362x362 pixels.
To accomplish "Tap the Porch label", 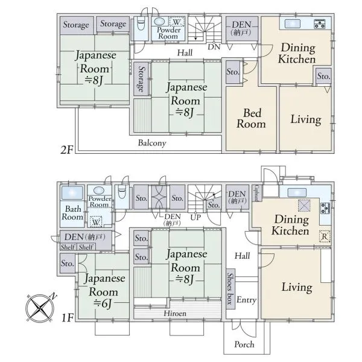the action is coord(244,345).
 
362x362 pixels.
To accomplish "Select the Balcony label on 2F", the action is coord(152,143).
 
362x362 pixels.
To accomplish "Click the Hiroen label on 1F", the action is coord(175,313).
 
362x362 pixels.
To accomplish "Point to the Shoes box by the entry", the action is coord(230,288).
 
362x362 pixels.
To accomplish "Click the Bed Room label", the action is coord(251,118).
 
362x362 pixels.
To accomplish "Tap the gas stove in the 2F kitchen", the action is coord(320,24).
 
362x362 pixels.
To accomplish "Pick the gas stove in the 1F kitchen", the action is coord(325,208).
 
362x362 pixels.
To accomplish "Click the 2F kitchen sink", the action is coord(293,24).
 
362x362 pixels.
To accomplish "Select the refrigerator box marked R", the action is coord(325,236).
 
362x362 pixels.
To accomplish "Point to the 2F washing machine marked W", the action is coord(177,22).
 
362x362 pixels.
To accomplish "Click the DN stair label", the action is coord(214,47).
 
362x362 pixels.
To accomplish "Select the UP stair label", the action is coord(195,217).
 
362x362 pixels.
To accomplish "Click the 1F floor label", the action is coord(68,318).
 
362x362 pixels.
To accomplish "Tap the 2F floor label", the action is coord(67,150).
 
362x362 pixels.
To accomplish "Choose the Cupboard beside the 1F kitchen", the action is coord(257,193).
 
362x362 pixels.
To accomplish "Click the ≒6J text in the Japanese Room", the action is coord(103,303).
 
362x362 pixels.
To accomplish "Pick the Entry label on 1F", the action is coord(246,300).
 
